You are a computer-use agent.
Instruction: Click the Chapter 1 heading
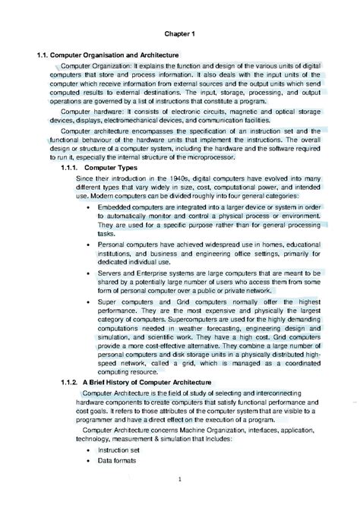pyautogui.click(x=181, y=34)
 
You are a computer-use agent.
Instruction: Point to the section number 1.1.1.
pyautogui.click(x=69, y=166)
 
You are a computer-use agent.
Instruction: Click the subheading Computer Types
pyautogui.click(x=111, y=166)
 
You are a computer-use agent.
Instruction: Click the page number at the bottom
pyautogui.click(x=180, y=478)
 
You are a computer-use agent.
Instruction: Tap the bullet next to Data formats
pyautogui.click(x=80, y=460)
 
